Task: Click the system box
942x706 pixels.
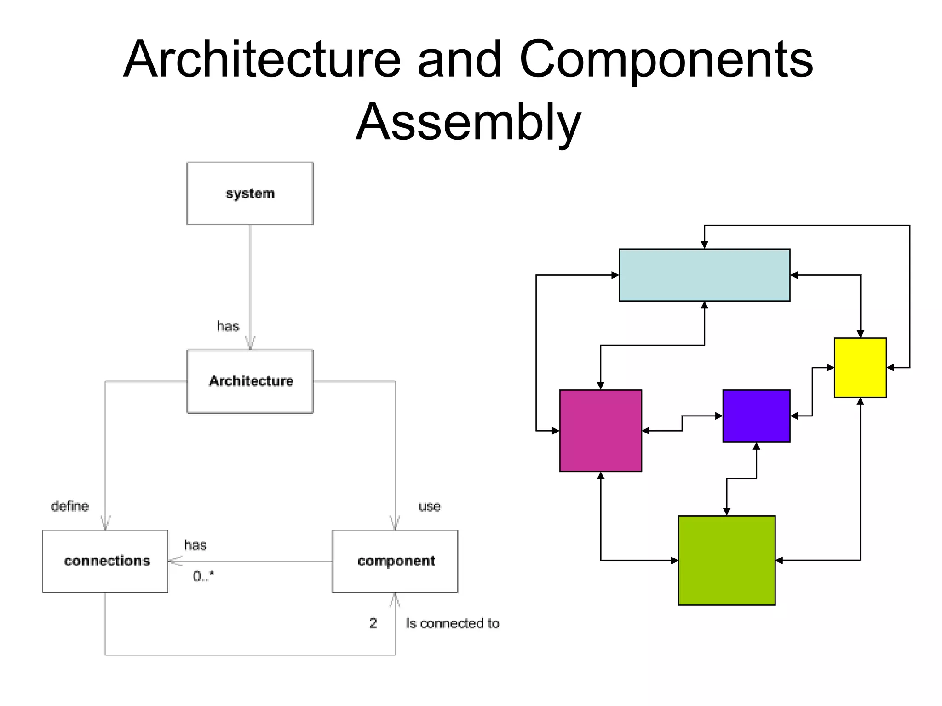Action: [250, 194]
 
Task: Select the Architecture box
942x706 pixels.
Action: [250, 381]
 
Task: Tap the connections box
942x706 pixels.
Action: [105, 561]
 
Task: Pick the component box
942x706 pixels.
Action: [395, 561]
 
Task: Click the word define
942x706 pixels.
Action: [70, 506]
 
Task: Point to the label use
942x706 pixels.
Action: [429, 507]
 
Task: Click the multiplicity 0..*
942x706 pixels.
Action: [203, 576]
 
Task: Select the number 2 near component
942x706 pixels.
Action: [373, 623]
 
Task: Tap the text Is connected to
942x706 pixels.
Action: [453, 624]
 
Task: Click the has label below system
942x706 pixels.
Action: [228, 326]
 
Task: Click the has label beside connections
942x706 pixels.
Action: [195, 546]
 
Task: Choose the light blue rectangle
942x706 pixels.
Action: [704, 275]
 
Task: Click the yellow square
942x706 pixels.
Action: [860, 368]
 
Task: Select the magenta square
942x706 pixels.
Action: [600, 431]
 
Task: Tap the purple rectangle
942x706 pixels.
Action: [756, 416]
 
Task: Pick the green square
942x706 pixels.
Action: [727, 560]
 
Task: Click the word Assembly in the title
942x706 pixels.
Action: [468, 122]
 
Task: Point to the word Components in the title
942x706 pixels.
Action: [666, 60]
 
